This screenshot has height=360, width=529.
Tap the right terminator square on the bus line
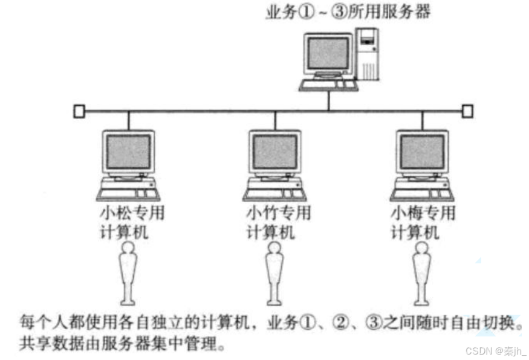pyautogui.click(x=467, y=112)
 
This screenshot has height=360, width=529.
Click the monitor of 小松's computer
pyautogui.click(x=128, y=152)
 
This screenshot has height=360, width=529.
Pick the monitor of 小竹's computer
pyautogui.click(x=274, y=152)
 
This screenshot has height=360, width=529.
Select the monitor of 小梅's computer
pyautogui.click(x=421, y=152)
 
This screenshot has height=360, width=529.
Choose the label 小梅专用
pyautogui.click(x=423, y=214)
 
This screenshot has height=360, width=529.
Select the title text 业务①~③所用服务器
pyautogui.click(x=348, y=11)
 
